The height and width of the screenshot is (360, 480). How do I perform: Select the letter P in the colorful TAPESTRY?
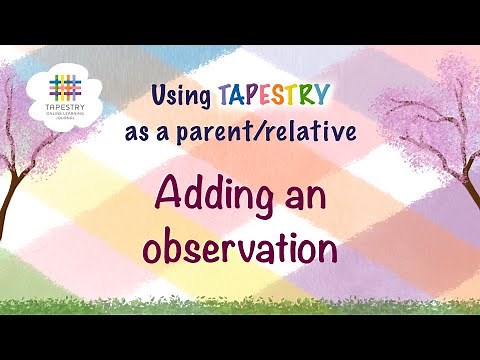(252, 97)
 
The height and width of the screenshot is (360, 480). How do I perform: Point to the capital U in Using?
(159, 96)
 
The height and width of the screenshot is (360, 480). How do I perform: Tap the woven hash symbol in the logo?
(66, 85)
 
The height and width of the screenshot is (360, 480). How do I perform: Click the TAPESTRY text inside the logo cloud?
(66, 107)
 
